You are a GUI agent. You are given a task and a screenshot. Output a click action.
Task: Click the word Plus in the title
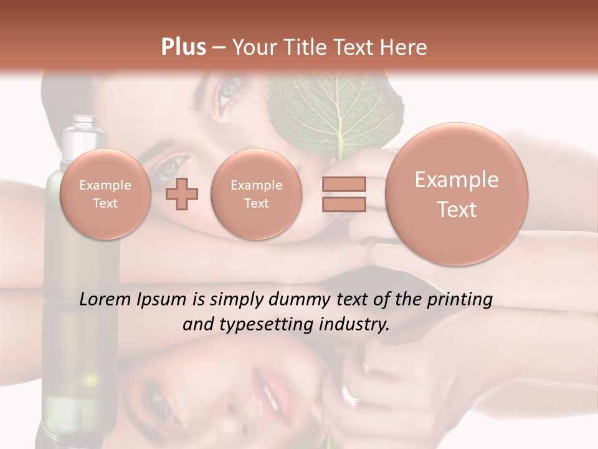click(x=183, y=47)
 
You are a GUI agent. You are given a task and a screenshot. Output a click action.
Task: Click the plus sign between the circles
click(x=182, y=194)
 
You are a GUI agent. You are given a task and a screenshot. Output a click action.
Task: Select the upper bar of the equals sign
click(x=344, y=185)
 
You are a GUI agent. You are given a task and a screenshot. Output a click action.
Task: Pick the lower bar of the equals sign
click(x=344, y=205)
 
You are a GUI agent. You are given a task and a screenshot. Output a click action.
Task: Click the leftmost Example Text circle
click(x=105, y=194)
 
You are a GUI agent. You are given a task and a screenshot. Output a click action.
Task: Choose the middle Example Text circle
click(x=256, y=194)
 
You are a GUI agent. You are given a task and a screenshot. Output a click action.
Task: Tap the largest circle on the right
click(x=457, y=194)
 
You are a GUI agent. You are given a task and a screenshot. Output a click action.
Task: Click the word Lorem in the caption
click(x=106, y=299)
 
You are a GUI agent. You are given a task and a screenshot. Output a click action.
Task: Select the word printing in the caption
click(x=460, y=300)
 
